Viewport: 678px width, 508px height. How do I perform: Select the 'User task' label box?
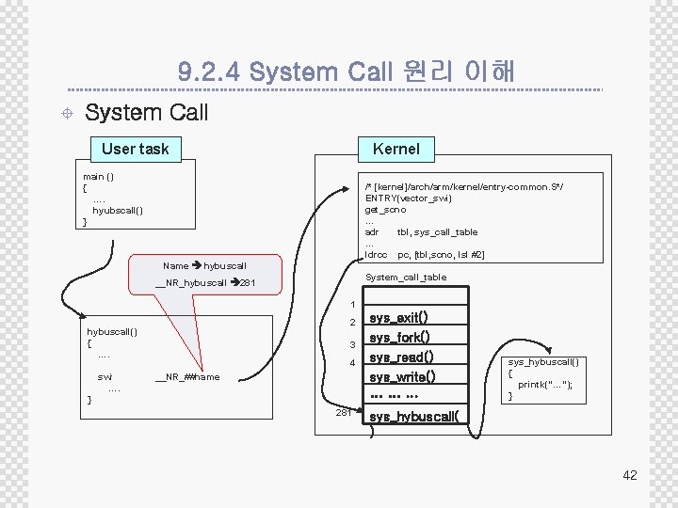coord(135,149)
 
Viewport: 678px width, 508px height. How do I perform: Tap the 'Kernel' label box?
coord(395,149)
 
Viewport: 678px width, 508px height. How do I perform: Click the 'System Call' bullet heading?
coord(146,113)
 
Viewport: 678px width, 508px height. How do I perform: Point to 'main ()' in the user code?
coord(99,177)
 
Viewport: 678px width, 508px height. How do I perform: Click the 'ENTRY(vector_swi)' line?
coord(409,198)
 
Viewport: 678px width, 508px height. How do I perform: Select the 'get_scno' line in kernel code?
coord(386,210)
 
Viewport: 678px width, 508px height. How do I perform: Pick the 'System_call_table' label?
coord(406,278)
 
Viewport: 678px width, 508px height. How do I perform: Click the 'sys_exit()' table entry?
coord(398,318)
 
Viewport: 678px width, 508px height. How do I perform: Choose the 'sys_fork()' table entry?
coord(399,338)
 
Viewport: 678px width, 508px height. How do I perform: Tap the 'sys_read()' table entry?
coord(401,357)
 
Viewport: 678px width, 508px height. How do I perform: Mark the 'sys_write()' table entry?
coord(402,377)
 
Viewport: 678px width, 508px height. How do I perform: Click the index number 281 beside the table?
coord(344,412)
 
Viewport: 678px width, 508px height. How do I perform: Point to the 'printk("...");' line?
coord(545,385)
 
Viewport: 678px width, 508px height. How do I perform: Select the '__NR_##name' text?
coord(187,377)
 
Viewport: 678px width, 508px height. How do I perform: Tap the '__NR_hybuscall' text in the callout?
coord(191,283)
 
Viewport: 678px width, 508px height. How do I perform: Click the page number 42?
coord(629,475)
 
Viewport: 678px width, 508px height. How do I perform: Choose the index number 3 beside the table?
coord(351,344)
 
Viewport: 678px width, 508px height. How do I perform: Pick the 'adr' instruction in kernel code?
coord(372,232)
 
